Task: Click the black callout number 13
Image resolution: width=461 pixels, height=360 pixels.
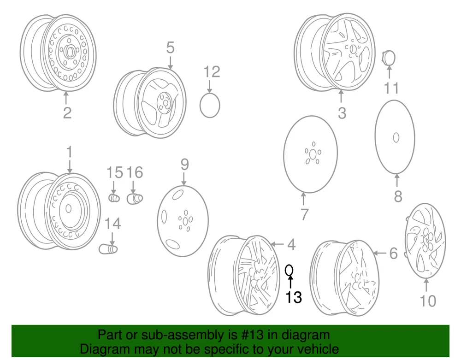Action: point(293,297)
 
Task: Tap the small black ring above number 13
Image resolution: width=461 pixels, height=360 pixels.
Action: point(290,270)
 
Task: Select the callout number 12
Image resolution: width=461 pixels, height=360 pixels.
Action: point(212,72)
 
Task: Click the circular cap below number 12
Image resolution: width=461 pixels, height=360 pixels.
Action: point(210,105)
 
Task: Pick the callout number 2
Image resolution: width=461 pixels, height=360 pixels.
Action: point(67,112)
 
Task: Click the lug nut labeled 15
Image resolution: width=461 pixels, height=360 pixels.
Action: point(113,198)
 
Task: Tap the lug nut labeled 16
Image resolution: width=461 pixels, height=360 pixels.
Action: point(135,199)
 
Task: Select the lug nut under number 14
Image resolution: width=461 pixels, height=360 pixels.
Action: point(109,248)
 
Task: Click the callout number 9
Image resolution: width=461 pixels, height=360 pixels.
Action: point(184,164)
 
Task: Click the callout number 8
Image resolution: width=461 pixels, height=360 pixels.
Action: point(398,196)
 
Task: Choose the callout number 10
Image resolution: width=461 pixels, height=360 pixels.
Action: point(428,301)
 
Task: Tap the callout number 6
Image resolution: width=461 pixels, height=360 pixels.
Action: point(393,253)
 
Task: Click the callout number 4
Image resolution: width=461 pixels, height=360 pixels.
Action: point(291,245)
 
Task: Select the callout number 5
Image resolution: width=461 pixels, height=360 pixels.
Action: point(170,47)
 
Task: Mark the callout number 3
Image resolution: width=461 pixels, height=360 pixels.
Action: point(342,112)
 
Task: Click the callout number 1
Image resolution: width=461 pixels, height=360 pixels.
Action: point(70,152)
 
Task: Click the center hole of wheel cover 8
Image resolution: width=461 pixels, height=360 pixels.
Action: point(396,137)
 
